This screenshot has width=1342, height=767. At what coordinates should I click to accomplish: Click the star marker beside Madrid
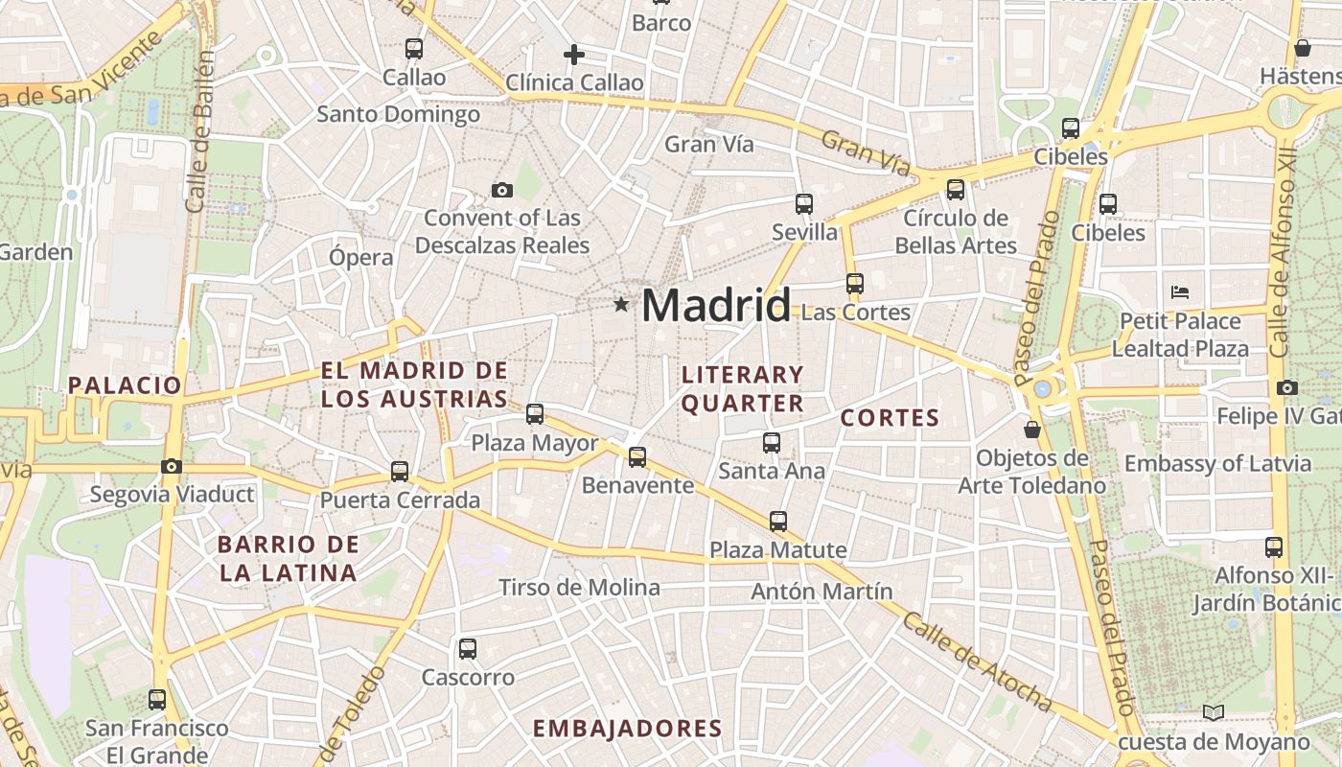pyautogui.click(x=621, y=305)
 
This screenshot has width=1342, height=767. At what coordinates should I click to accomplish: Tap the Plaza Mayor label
pyautogui.click(x=534, y=443)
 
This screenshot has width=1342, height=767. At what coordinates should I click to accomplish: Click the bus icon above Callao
pyautogui.click(x=413, y=48)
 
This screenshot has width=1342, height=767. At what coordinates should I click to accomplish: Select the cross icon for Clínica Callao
pyautogui.click(x=574, y=55)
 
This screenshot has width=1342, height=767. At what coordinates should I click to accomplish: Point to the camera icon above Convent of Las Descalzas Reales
pyautogui.click(x=501, y=190)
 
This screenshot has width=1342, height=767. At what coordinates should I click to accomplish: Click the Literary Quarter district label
pyautogui.click(x=742, y=388)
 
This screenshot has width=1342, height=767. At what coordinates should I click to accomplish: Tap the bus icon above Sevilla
pyautogui.click(x=804, y=203)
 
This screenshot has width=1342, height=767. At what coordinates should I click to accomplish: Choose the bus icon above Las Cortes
pyautogui.click(x=854, y=284)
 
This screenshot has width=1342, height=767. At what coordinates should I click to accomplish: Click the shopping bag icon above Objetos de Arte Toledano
pyautogui.click(x=1032, y=429)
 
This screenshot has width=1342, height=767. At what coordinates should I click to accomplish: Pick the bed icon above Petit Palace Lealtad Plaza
pyautogui.click(x=1180, y=291)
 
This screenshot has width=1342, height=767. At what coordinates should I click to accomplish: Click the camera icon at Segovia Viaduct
pyautogui.click(x=172, y=466)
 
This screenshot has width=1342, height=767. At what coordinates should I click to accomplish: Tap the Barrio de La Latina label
pyautogui.click(x=288, y=559)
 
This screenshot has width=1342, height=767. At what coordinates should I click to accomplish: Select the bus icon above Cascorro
pyautogui.click(x=468, y=649)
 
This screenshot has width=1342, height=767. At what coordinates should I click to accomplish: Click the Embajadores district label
pyautogui.click(x=627, y=729)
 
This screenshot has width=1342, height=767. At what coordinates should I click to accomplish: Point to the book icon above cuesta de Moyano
pyautogui.click(x=1214, y=712)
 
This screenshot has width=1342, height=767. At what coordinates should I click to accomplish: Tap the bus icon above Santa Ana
pyautogui.click(x=772, y=442)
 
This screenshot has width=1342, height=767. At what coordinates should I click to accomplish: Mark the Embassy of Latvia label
pyautogui.click(x=1217, y=464)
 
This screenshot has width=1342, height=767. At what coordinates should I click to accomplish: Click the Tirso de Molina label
pyautogui.click(x=579, y=588)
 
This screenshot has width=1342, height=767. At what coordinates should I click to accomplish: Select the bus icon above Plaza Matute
pyautogui.click(x=778, y=522)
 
